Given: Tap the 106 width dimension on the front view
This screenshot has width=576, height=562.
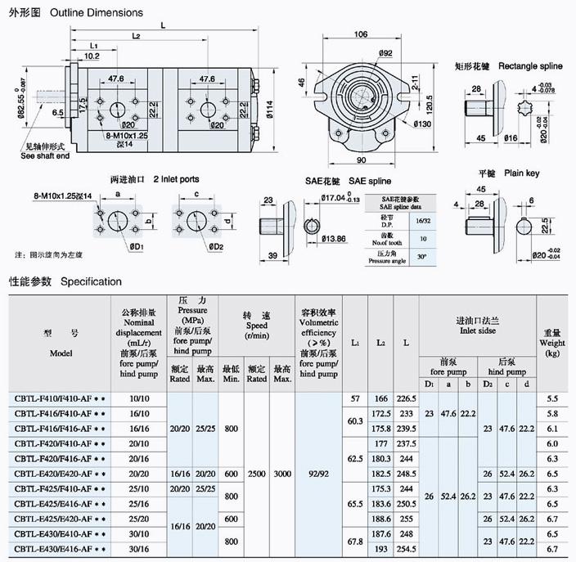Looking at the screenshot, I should pos(361,34).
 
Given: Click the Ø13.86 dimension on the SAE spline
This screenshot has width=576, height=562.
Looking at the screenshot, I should pos(335,239).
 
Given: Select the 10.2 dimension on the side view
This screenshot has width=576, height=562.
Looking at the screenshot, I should pos(91,56).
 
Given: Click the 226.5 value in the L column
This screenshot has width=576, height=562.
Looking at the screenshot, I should pos(407,398).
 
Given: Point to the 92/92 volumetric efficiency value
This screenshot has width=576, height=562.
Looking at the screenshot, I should pos(318,473).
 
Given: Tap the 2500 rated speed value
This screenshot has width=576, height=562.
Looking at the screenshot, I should pos(257,473).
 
